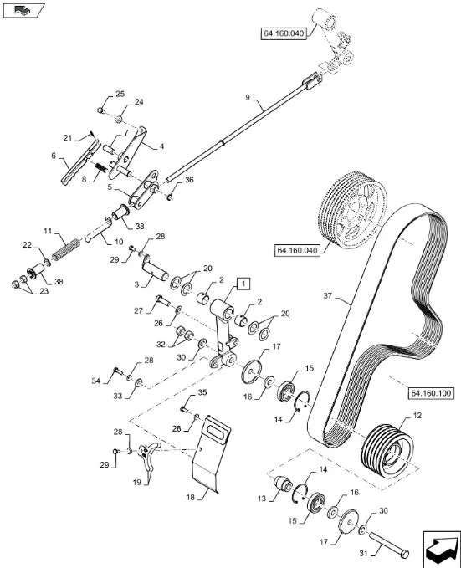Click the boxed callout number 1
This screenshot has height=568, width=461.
(x=243, y=284)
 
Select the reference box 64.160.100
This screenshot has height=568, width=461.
(x=431, y=393)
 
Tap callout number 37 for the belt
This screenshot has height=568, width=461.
(x=328, y=296)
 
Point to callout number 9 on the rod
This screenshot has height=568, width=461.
(x=248, y=97)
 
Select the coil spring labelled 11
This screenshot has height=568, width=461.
(x=65, y=249)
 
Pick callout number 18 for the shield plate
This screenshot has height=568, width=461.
(x=191, y=498)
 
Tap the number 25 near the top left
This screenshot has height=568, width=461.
(x=120, y=94)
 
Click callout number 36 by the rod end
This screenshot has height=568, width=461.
(x=189, y=180)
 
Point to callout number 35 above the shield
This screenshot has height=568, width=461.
(x=202, y=392)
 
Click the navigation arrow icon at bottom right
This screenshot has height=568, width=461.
(x=440, y=547)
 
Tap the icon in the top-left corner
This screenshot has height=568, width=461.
(x=24, y=10)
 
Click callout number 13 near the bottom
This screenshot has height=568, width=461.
(x=262, y=499)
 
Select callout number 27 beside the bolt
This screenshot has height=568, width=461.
(x=138, y=310)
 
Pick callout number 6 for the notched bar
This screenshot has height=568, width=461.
(x=54, y=156)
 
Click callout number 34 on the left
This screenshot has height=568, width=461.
(x=95, y=381)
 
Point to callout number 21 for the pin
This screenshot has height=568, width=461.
(x=68, y=138)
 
